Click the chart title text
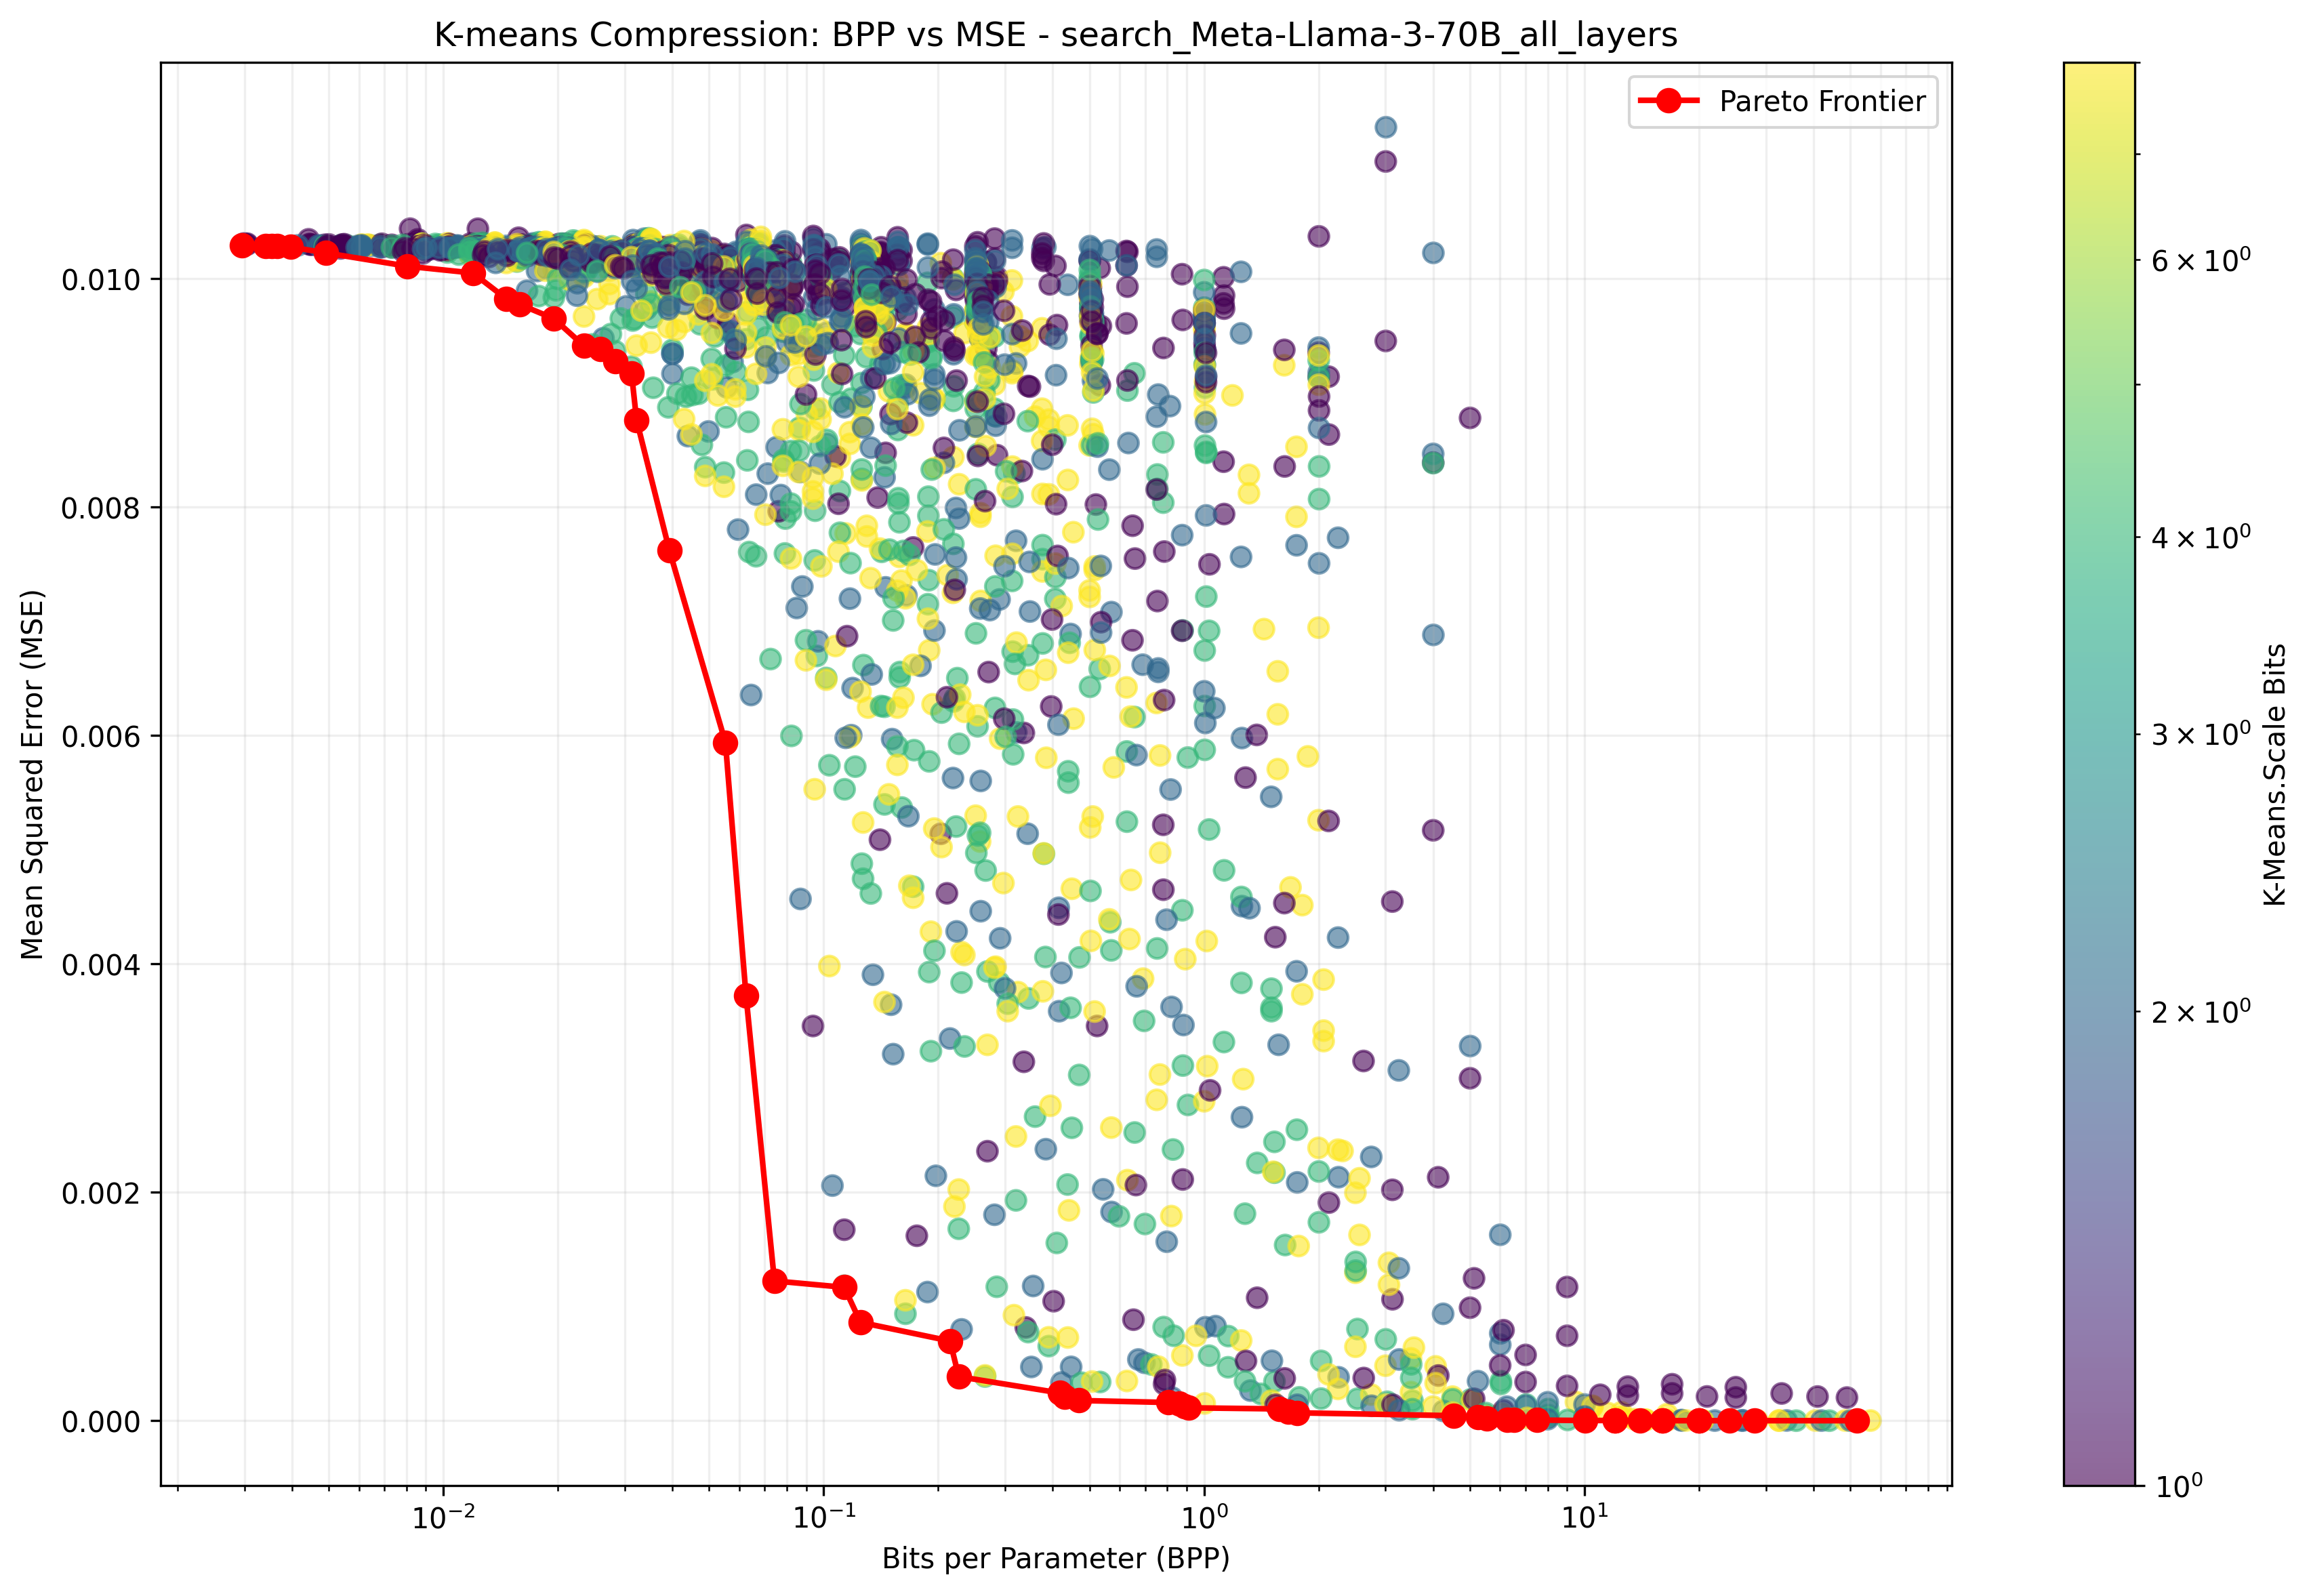click(1056, 35)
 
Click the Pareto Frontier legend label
click(1822, 101)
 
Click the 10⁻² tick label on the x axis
click(443, 1518)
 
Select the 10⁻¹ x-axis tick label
click(824, 1518)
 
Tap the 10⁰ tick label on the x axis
click(1204, 1518)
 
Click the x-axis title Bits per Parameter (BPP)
click(1056, 1559)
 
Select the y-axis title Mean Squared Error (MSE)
click(33, 775)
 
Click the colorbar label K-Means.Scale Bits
click(2275, 775)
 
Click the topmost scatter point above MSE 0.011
click(1385, 127)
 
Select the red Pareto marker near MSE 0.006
click(726, 743)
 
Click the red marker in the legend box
click(1668, 101)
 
